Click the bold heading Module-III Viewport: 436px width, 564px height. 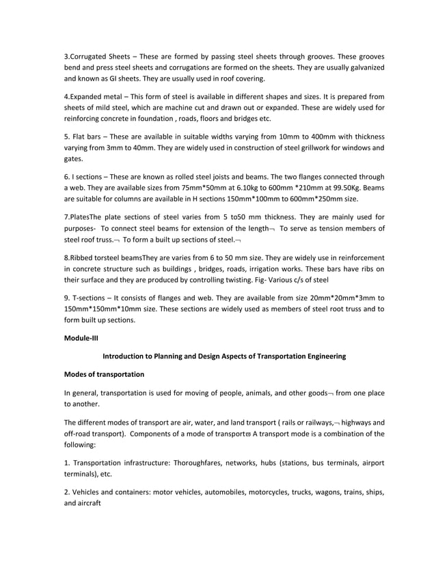pyautogui.click(x=81, y=337)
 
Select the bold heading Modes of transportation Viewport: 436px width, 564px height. pyautogui.click(x=103, y=375)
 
